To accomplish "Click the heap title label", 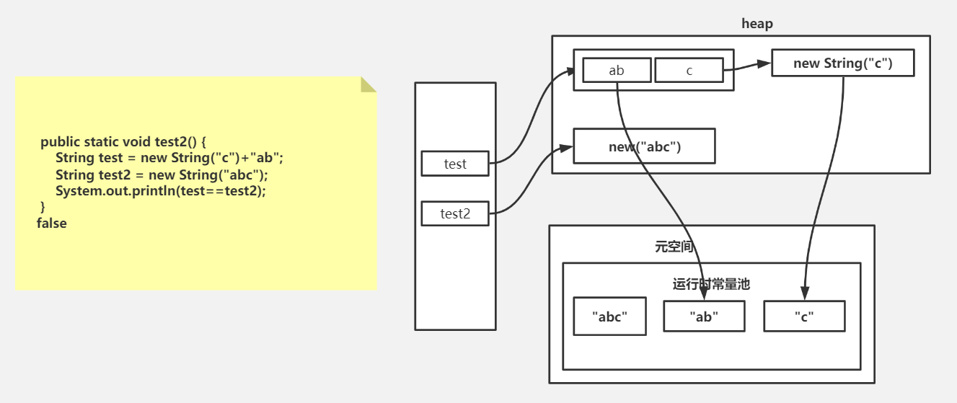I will tap(757, 24).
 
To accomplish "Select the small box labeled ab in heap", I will tap(617, 70).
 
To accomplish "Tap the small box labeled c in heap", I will tap(689, 70).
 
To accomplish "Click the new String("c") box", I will tap(842, 63).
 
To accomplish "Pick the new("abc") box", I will tap(644, 146).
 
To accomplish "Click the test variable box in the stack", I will tap(455, 164).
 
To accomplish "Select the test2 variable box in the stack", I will tap(455, 214).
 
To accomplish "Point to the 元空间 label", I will tap(674, 247).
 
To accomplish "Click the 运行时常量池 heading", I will tap(711, 284).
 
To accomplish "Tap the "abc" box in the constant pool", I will tap(609, 316).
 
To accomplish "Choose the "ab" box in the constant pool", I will tap(704, 316).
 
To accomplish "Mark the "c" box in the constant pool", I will tap(803, 316).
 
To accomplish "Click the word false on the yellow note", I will tap(52, 223).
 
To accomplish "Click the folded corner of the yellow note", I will tap(369, 84).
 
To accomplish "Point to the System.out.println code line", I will tap(160, 191).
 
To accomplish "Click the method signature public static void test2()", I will tap(124, 141).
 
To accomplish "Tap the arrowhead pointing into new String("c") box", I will tap(766, 64).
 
